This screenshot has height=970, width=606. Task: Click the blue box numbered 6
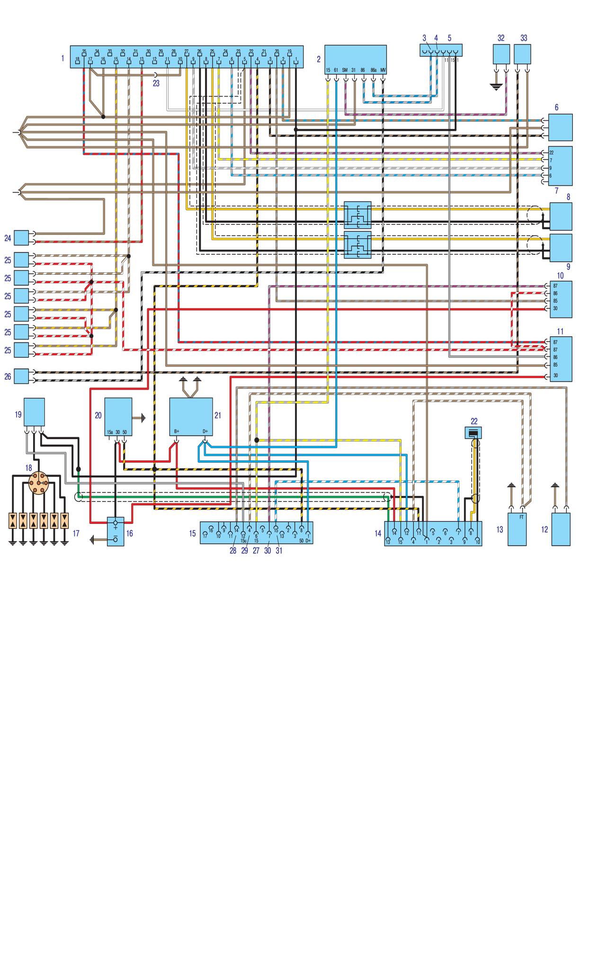pyautogui.click(x=560, y=127)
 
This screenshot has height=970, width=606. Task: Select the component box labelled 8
pyautogui.click(x=561, y=216)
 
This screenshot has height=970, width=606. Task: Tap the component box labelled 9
pyautogui.click(x=561, y=248)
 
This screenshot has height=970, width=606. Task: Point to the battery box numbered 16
pyautogui.click(x=116, y=531)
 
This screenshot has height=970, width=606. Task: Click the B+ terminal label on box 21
pyautogui.click(x=177, y=431)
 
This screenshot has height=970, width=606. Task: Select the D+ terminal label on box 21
pyautogui.click(x=205, y=431)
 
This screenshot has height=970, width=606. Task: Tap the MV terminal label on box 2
pyautogui.click(x=383, y=70)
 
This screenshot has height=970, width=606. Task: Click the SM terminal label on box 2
pyautogui.click(x=345, y=70)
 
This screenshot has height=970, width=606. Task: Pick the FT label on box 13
pyautogui.click(x=521, y=517)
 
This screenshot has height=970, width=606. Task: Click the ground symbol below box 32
pyautogui.click(x=496, y=87)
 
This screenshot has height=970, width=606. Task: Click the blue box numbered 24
pyautogui.click(x=21, y=237)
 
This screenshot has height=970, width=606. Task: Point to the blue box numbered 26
pyautogui.click(x=21, y=376)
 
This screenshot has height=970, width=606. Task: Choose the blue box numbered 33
pyautogui.click(x=522, y=54)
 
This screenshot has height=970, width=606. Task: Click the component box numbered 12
pyautogui.click(x=561, y=529)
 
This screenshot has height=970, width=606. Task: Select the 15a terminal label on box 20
pyautogui.click(x=110, y=432)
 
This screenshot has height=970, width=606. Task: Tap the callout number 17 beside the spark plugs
pyautogui.click(x=76, y=533)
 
